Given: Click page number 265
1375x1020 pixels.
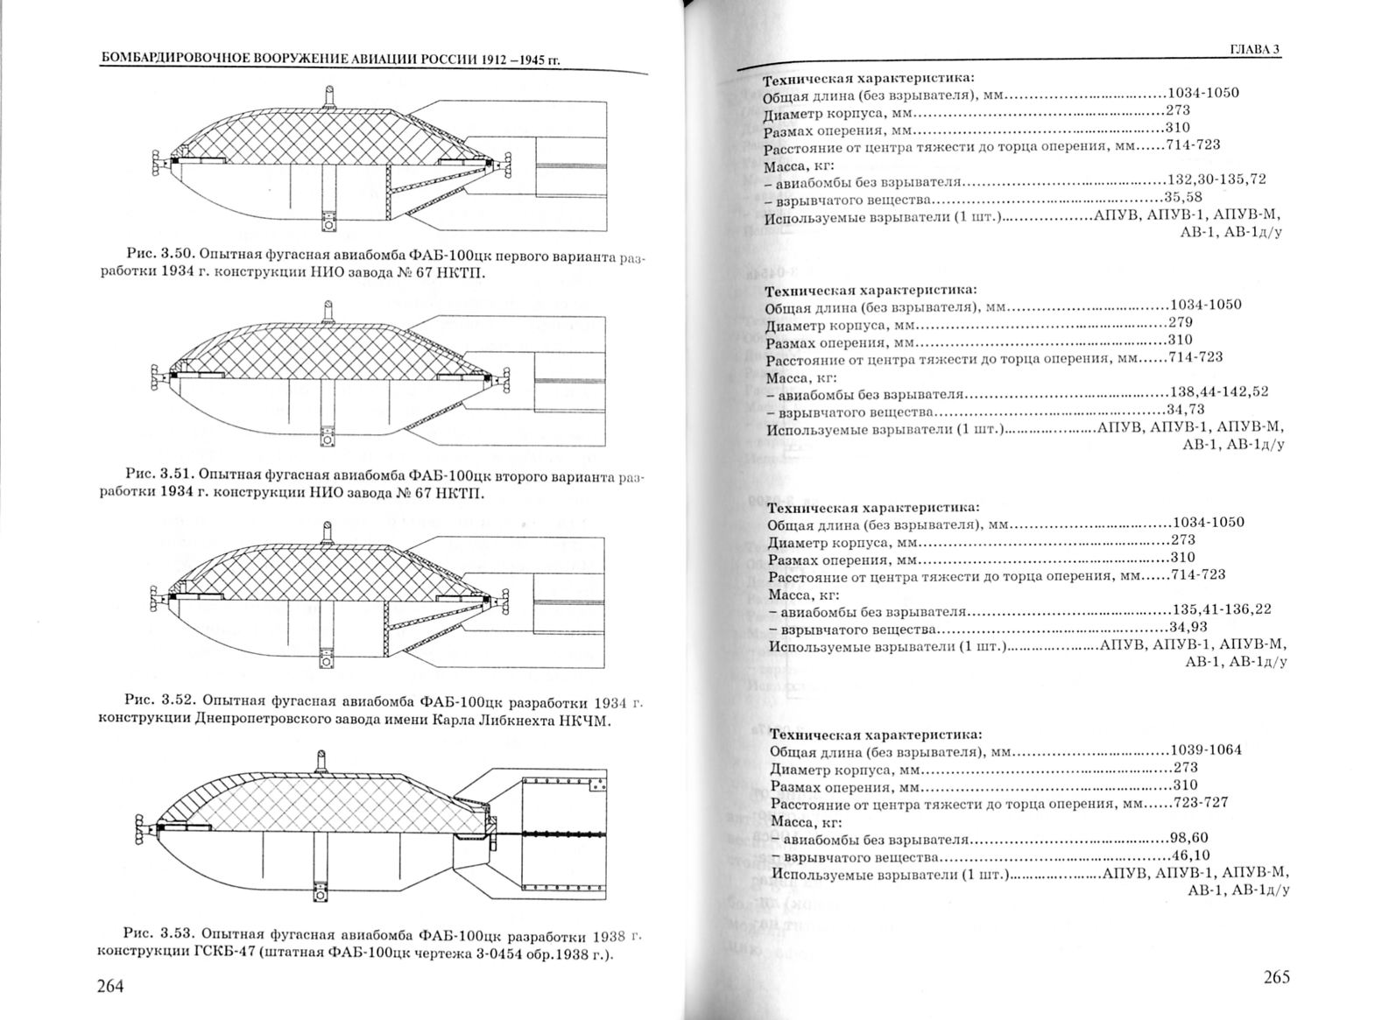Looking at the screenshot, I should tap(1276, 977).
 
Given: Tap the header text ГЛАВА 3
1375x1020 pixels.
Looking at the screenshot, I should tap(1254, 49).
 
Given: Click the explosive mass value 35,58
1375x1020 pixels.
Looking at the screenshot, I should tap(1183, 197).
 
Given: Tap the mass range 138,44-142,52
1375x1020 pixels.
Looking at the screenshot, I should tap(1219, 392).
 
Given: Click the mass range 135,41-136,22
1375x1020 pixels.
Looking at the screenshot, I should tap(1222, 609).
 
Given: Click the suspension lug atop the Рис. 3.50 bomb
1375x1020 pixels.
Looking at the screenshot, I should tap(328, 93).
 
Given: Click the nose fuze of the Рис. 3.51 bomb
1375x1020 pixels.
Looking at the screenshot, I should tap(158, 377).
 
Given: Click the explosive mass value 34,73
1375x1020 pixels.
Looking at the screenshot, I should tap(1185, 410).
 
